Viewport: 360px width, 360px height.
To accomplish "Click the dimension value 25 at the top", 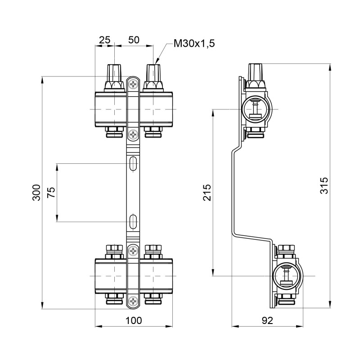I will tap(104, 40).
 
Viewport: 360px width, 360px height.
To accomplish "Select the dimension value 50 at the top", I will tap(134, 40).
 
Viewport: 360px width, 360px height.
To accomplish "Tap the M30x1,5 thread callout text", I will tap(193, 44).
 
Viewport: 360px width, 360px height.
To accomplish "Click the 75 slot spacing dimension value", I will tap(51, 193).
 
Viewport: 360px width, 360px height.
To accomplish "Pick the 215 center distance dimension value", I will tap(207, 193).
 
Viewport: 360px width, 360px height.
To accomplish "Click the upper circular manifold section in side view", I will tap(256, 109).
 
